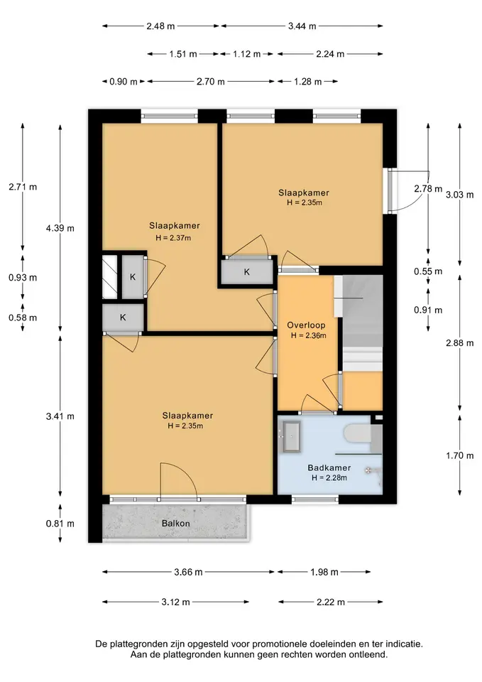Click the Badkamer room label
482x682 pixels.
tap(329, 468)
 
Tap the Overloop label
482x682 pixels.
tap(306, 325)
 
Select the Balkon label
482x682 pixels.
tap(175, 524)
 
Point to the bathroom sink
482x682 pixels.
tap(291, 435)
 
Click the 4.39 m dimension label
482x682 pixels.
tap(60, 228)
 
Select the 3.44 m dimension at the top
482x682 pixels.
tap(302, 26)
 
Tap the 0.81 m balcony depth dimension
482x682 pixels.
tap(60, 524)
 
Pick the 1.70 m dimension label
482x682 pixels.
tap(460, 456)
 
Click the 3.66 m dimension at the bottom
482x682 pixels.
tap(188, 572)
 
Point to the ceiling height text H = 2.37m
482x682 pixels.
tap(173, 238)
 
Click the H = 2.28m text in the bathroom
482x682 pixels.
tap(329, 478)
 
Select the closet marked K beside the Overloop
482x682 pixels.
tap(247, 272)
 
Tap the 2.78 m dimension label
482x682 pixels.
tap(427, 189)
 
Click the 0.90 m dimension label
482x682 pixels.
tap(124, 81)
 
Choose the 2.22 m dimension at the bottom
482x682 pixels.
tap(330, 602)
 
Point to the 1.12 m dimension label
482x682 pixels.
tap(246, 54)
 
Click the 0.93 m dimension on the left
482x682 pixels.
tap(23, 278)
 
